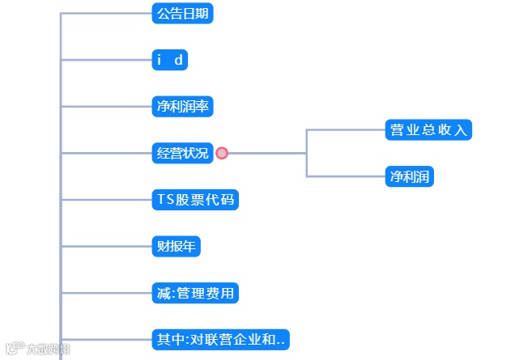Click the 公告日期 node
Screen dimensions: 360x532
[x=182, y=13]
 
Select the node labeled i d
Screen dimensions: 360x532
[x=170, y=60]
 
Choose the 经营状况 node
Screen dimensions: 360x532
[x=182, y=153]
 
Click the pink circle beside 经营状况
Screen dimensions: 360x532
[x=222, y=153]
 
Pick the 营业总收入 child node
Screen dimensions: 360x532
[x=428, y=129]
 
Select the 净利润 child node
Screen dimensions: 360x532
[x=410, y=176]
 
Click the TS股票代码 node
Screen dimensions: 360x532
[x=195, y=199]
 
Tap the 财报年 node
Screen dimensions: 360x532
[x=176, y=246]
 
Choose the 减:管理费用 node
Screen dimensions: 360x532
[x=195, y=292]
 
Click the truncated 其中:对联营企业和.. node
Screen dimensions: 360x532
[x=220, y=340]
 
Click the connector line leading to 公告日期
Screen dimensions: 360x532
[x=105, y=13]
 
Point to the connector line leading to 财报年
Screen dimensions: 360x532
[x=105, y=246]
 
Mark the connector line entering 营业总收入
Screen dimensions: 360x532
[x=346, y=129]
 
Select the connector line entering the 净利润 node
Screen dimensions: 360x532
[x=346, y=176]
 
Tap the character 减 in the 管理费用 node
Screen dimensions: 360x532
[x=164, y=292]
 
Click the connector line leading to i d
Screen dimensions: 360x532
[x=105, y=60]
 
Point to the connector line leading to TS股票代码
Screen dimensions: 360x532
[x=105, y=199]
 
